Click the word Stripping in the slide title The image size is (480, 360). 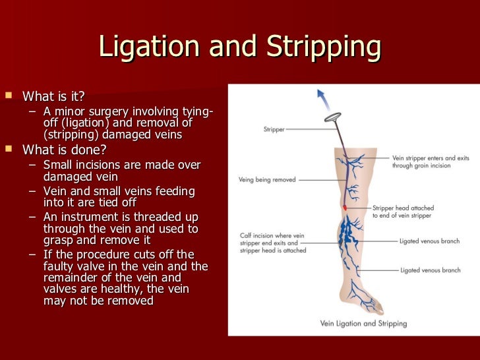click(x=324, y=47)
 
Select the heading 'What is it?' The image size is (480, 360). click(x=53, y=97)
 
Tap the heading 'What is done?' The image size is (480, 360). click(x=64, y=149)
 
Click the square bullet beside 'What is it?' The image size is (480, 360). click(x=8, y=96)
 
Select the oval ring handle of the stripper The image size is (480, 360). click(x=334, y=118)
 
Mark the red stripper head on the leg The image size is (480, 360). click(x=344, y=208)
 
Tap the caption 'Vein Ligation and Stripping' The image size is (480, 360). click(x=363, y=323)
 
